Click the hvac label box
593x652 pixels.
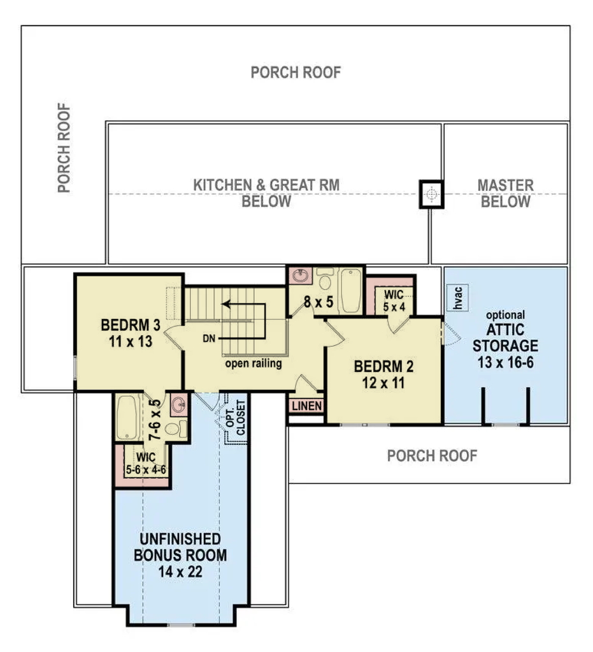pos(457,297)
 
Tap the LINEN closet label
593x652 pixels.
pos(307,406)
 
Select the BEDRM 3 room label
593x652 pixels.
pos(131,333)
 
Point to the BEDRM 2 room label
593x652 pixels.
pos(383,374)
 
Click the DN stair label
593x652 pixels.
pos(209,339)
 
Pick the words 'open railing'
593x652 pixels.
pos(254,364)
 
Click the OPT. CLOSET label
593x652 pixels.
pos(236,418)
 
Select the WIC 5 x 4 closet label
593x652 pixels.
pos(394,301)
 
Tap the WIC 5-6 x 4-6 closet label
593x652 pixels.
pos(146,464)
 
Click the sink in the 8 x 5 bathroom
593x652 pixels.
pos(300,275)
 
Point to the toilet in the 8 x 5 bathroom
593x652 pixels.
pos(324,279)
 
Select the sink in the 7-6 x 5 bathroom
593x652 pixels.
pos(179,404)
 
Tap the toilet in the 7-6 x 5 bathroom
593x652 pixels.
pos(175,429)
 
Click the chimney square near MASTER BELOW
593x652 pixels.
pos(431,194)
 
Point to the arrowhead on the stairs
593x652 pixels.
pos(226,304)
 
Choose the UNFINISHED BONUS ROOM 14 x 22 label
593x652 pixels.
pos(180,555)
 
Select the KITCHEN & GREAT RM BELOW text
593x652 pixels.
pos(266,193)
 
